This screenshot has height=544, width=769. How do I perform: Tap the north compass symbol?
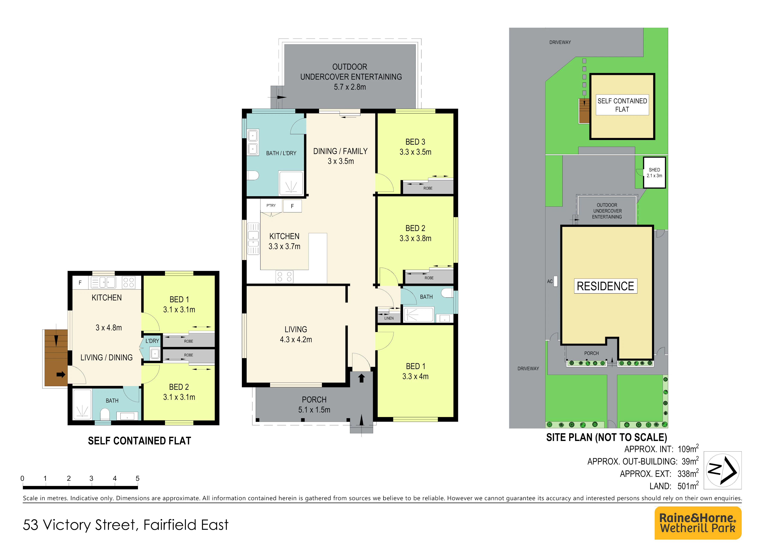723,470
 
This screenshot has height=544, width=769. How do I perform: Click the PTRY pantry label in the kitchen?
271,205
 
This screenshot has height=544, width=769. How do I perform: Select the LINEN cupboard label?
389,318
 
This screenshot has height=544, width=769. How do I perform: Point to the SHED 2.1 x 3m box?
654,173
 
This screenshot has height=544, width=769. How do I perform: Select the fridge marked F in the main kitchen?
292,206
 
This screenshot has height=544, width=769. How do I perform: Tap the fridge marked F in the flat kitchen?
80,282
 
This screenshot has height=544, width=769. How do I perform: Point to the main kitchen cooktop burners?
284,277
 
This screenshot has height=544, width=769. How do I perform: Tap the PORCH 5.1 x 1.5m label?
314,404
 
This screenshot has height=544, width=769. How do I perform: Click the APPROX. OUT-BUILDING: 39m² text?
643,461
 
